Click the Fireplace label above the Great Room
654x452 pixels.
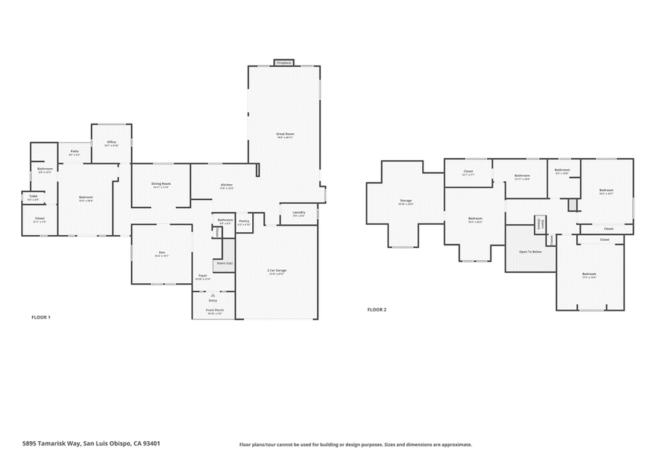click(x=283, y=63)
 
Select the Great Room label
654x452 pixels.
click(x=284, y=135)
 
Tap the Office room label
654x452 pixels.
click(x=111, y=142)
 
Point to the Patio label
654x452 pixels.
click(x=74, y=151)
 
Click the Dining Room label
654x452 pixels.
click(x=161, y=184)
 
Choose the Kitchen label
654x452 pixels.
click(x=227, y=185)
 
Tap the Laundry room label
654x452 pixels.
click(x=299, y=213)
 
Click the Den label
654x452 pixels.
click(x=161, y=253)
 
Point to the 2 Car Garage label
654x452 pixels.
click(x=277, y=270)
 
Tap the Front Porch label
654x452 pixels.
click(x=214, y=310)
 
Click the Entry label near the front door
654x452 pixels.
click(x=213, y=300)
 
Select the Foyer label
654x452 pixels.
click(x=203, y=276)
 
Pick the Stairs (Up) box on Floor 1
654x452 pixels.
click(x=224, y=263)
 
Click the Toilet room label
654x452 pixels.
click(x=33, y=196)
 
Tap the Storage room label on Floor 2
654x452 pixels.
click(x=405, y=200)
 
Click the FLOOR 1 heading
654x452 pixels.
click(x=41, y=317)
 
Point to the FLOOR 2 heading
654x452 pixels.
click(x=376, y=309)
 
